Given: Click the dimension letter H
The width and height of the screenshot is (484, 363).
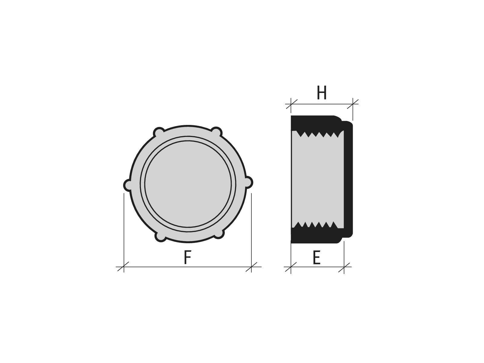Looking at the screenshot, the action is (322, 93).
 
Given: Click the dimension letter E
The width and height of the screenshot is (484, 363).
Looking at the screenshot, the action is (317, 257).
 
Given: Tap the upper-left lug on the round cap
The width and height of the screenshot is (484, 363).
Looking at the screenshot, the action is (159, 132).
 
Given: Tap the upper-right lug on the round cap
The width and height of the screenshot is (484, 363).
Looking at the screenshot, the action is (217, 132).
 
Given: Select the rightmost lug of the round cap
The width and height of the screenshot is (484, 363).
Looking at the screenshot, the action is (249, 182).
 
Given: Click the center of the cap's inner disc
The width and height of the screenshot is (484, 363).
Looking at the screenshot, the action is (188, 184).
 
